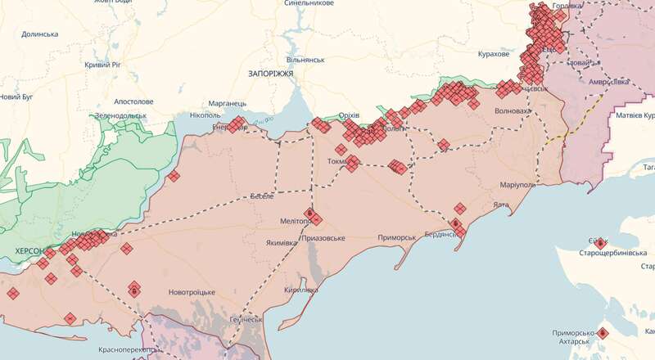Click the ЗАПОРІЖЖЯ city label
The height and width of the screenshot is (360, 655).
270,74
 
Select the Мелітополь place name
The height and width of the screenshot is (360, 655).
296,222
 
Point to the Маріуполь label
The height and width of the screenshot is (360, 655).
513,185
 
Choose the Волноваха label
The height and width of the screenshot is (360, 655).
512,111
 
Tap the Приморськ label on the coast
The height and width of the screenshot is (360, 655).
398,238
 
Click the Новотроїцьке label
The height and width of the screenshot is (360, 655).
192,293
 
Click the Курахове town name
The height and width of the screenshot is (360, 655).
494,54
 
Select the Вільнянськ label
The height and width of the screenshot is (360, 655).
306,61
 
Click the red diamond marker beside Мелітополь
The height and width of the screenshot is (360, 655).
318,219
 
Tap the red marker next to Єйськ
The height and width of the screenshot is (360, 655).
600,243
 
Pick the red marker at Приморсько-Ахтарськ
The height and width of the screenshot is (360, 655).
603,333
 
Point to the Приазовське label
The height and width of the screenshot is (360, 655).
323,238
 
